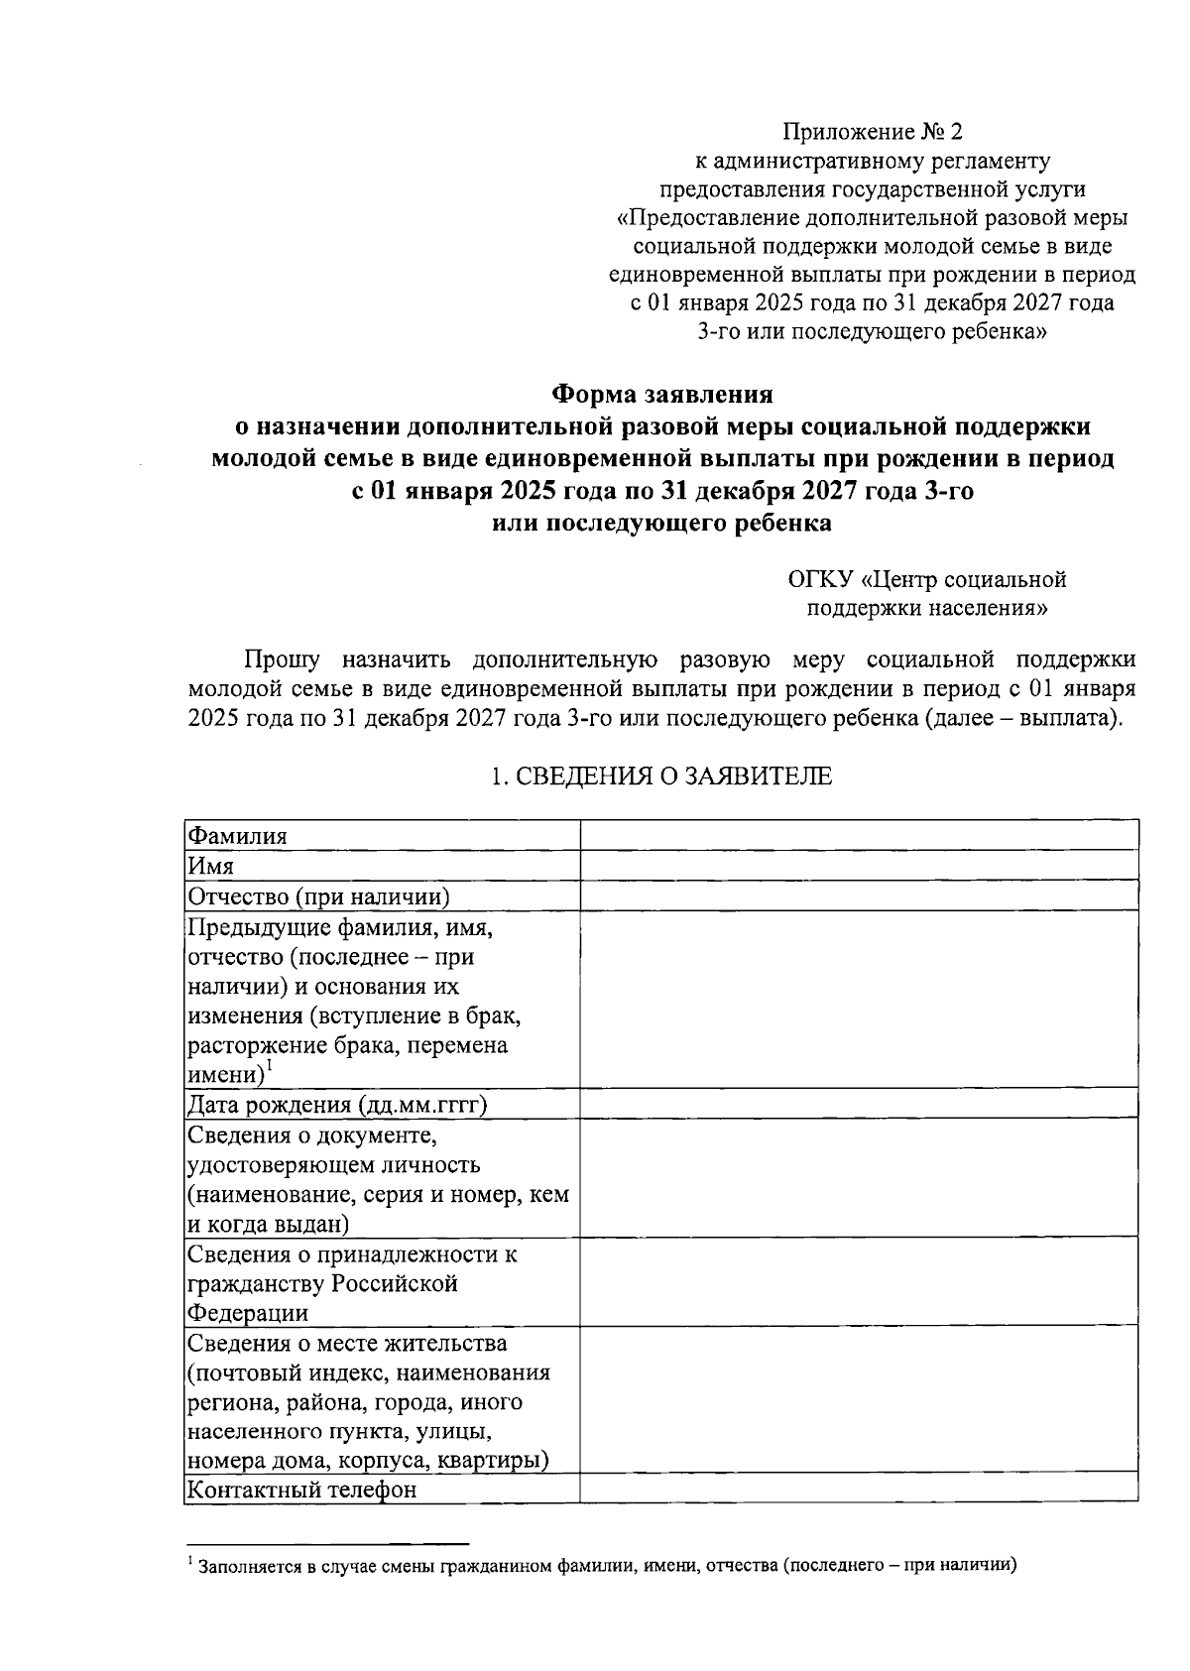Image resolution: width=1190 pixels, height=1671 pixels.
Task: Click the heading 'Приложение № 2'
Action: click(873, 132)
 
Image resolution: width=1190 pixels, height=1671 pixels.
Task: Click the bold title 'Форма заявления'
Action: click(661, 395)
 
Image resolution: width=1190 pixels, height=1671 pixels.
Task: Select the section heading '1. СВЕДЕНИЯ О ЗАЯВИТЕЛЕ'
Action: click(661, 776)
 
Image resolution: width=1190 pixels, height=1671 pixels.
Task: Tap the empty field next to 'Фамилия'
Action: click(859, 835)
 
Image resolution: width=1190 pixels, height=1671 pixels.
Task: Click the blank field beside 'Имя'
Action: click(859, 865)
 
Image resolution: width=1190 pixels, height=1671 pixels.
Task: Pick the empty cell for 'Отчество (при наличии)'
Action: click(859, 895)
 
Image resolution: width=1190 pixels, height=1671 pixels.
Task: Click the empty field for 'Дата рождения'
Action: click(859, 1104)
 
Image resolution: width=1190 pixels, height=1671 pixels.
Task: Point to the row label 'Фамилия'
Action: click(238, 836)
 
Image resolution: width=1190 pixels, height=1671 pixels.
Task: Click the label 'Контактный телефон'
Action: click(302, 1490)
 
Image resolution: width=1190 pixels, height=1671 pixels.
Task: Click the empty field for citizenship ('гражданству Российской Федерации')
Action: click(859, 1282)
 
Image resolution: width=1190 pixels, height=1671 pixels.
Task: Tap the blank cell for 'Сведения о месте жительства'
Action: click(859, 1400)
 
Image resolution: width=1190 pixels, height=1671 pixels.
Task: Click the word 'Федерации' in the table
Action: click(249, 1313)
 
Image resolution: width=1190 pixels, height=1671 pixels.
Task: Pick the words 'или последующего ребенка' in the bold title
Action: click(661, 524)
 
